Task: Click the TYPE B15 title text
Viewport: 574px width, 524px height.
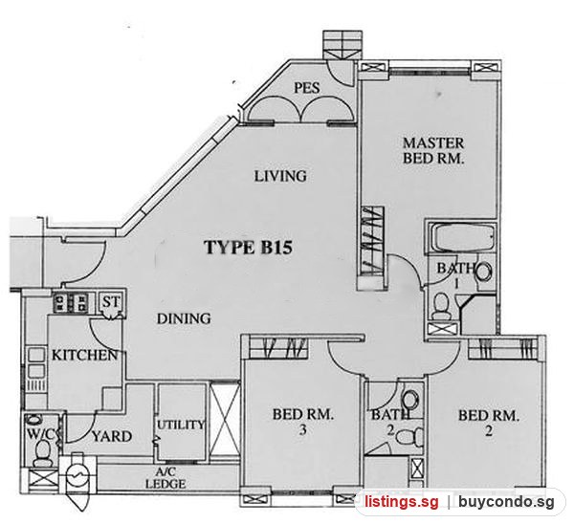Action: coord(248,248)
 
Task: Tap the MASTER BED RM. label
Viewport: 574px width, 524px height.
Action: coord(433,150)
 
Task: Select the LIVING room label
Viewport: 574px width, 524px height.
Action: coord(280,176)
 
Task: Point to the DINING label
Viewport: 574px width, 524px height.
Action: coord(184,318)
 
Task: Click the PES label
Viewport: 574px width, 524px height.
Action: coord(307,88)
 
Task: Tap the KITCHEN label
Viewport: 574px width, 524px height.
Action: coord(84,355)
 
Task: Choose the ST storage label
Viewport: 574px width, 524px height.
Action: coord(111,302)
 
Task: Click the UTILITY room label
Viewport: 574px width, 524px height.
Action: coord(181,425)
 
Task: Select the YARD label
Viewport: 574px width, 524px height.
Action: coord(112,437)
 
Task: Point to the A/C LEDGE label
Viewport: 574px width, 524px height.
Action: coord(166,478)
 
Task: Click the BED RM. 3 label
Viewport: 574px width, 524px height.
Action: coord(302,422)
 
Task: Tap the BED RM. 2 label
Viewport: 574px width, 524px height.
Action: coord(489,424)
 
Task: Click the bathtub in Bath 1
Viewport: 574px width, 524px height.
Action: coord(462,238)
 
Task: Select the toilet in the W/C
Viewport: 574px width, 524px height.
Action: coord(42,452)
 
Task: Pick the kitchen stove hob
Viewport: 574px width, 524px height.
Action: coord(71,302)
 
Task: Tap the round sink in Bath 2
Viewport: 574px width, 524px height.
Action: coord(410,401)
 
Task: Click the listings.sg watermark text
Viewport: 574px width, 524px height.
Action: coord(401,501)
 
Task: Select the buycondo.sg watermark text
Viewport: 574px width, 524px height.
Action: coord(506,502)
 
